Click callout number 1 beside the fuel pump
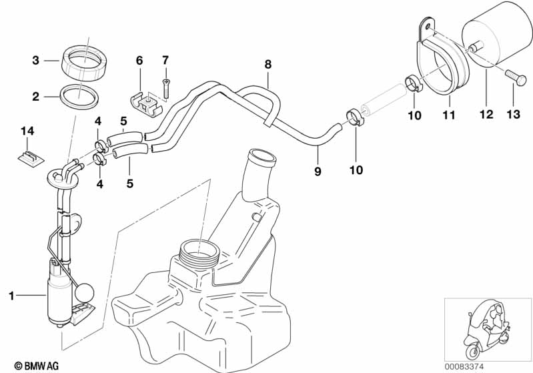pos(11,296)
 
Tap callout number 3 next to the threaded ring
pos(36,61)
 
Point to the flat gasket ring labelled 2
pos(79,97)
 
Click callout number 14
pos(27,131)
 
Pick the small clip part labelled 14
pos(31,159)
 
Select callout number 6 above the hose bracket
pos(139,61)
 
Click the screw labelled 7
pos(165,87)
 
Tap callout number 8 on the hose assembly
pos(268,64)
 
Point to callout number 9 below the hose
pos(318,171)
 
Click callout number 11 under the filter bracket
pos(448,115)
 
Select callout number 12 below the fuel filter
pos(486,114)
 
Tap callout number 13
pos(513,114)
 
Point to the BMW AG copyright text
pos(37,366)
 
